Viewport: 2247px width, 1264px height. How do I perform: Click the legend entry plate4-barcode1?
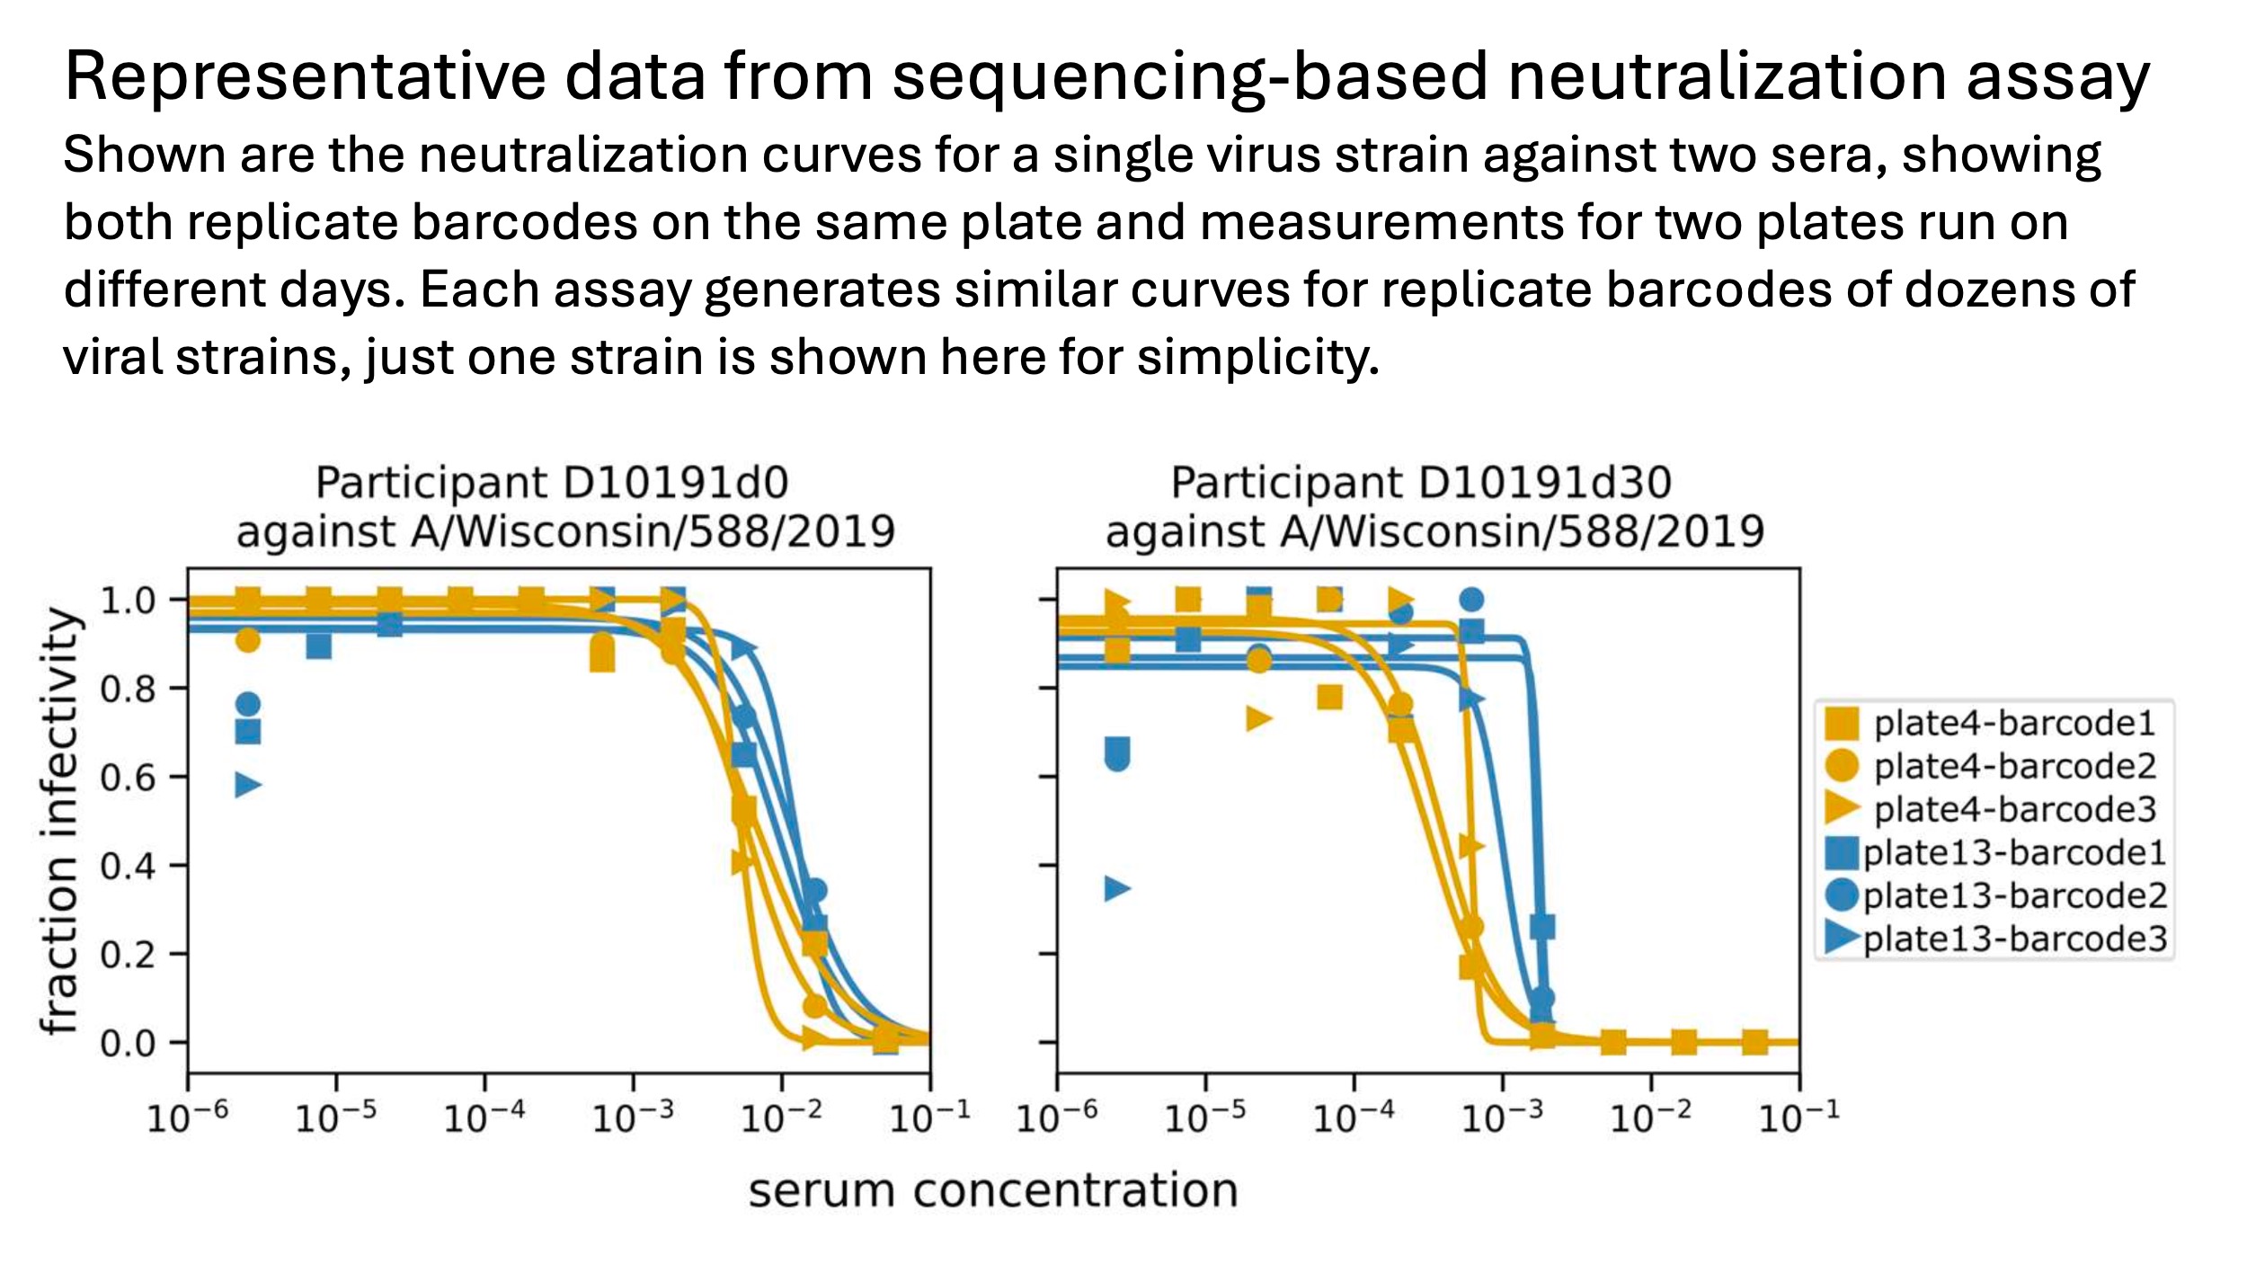[2014, 724]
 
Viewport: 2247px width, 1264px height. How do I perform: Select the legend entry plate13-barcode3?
[2014, 939]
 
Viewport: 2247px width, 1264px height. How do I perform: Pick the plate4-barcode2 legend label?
[2014, 767]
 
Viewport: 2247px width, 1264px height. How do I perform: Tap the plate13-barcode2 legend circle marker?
[1842, 895]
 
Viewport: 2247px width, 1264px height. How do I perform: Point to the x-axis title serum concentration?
[993, 1190]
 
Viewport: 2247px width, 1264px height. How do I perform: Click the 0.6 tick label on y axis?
[128, 778]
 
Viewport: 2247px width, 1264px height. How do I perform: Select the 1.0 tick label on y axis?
[128, 601]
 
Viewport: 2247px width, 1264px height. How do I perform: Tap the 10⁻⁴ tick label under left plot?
[484, 1118]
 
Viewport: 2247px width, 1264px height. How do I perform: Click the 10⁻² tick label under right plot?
[1650, 1118]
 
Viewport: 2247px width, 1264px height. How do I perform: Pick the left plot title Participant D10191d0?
[552, 483]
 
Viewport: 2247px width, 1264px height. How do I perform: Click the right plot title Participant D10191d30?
[1420, 483]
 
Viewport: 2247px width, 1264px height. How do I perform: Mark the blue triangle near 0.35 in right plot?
[1116, 889]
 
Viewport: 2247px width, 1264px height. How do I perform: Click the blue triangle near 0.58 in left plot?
[247, 785]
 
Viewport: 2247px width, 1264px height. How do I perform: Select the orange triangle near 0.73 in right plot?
[1258, 718]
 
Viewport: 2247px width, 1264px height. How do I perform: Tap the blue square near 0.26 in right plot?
[1542, 926]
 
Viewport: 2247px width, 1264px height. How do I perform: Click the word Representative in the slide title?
[305, 76]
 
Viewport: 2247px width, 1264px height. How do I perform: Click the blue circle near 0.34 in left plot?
[813, 891]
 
